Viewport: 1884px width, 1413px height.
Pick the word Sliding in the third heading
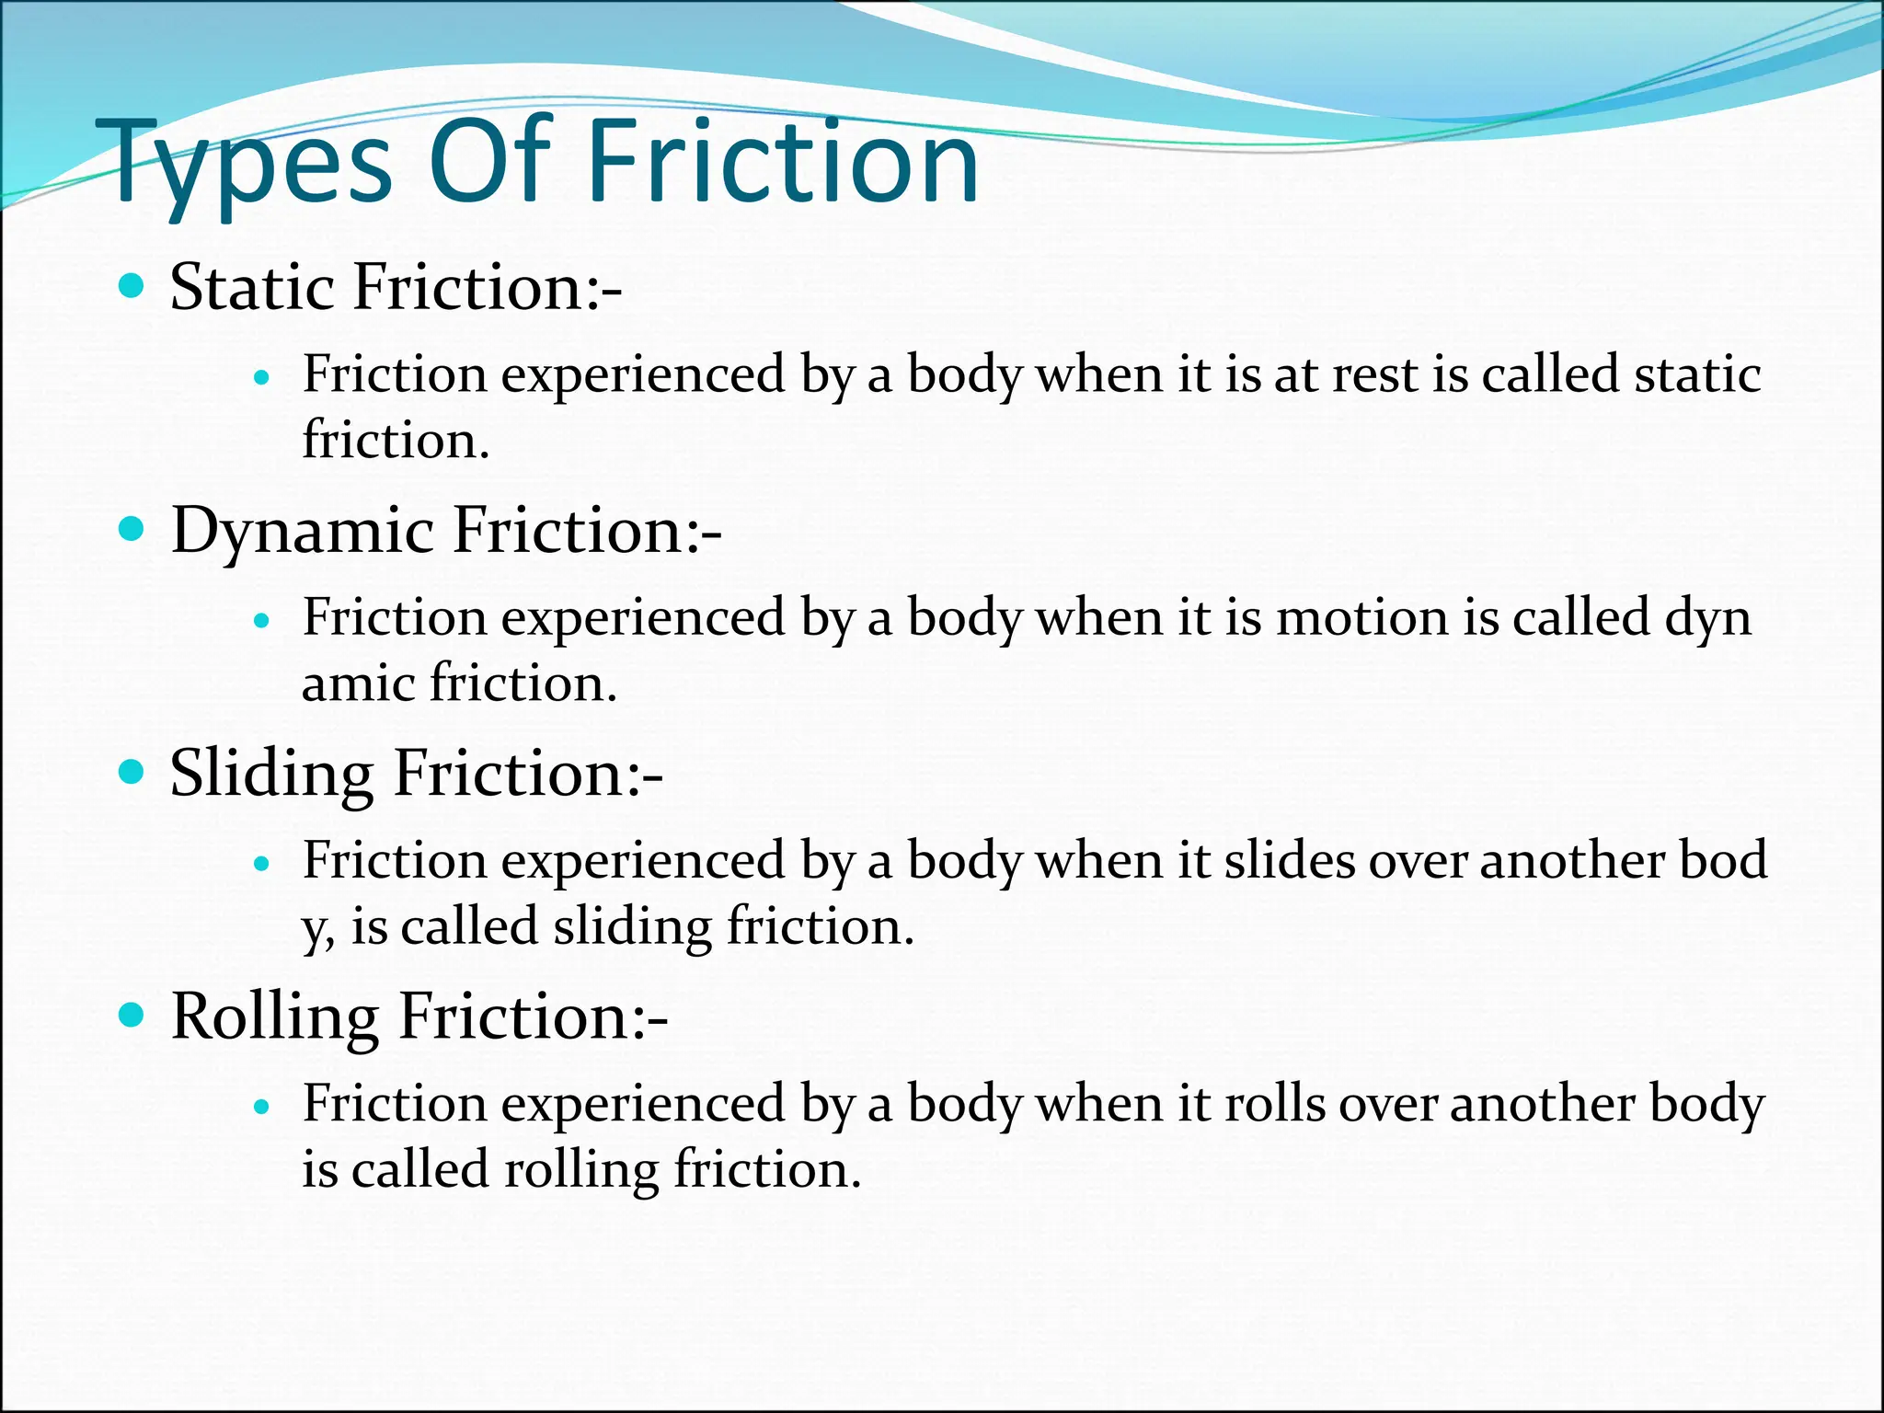(x=271, y=775)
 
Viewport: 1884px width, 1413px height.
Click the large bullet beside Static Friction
(x=132, y=286)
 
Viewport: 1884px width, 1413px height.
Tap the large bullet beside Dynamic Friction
(x=132, y=530)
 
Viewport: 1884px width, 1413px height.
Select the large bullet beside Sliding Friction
(x=132, y=773)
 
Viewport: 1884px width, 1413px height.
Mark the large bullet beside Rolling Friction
(x=132, y=1016)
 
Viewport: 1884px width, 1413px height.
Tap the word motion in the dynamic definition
(x=1362, y=617)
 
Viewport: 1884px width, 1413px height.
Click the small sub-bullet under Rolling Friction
(x=263, y=1107)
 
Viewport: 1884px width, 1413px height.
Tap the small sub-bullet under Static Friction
(x=263, y=377)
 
